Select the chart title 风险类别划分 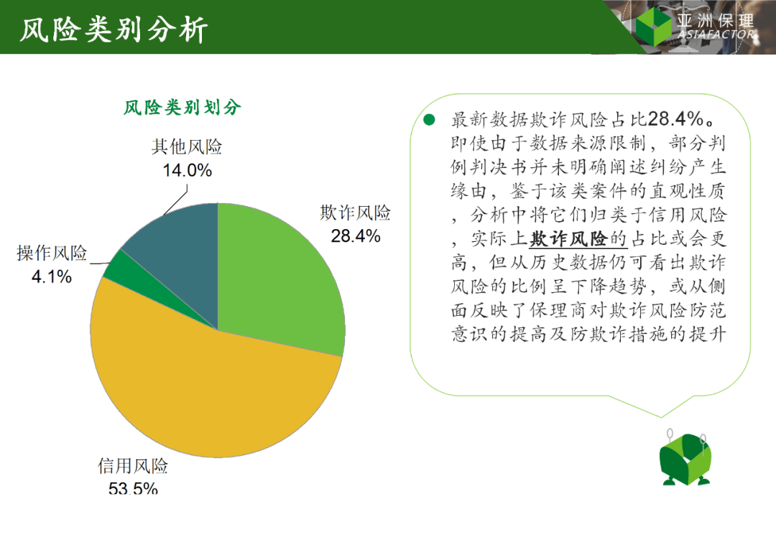[183, 108]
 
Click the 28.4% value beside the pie [356, 235]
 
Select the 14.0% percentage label [187, 170]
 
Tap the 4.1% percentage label [51, 276]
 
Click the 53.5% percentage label [133, 488]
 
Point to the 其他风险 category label [187, 148]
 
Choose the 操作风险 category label [52, 253]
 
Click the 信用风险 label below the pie [133, 467]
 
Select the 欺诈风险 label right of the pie [356, 213]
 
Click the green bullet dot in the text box [430, 120]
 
